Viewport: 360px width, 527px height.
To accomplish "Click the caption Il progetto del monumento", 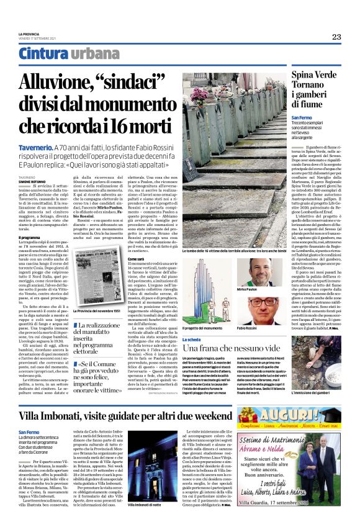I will tap(203, 328).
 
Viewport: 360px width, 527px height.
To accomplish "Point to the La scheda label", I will tap(191, 340).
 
